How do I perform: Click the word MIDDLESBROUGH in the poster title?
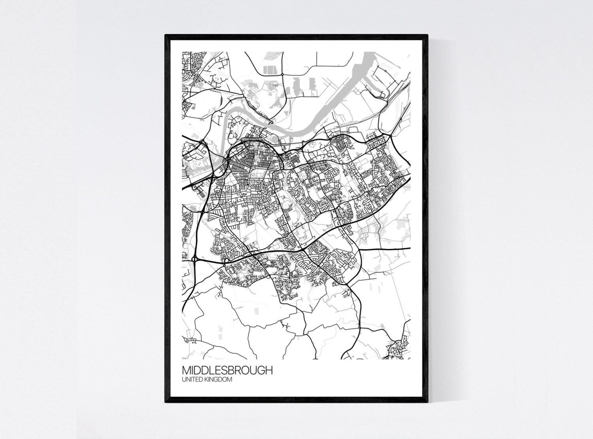tap(227, 370)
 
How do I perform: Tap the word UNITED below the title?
tap(191, 380)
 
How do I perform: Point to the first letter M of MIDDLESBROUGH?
tap(186, 370)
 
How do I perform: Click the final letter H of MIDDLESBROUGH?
tap(269, 370)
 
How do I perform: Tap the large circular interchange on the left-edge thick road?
tap(195, 258)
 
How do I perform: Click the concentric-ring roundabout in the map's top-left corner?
tap(196, 79)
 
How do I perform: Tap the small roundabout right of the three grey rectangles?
tap(283, 75)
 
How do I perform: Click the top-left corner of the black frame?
tap(166, 35)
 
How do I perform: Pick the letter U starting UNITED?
tap(184, 380)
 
